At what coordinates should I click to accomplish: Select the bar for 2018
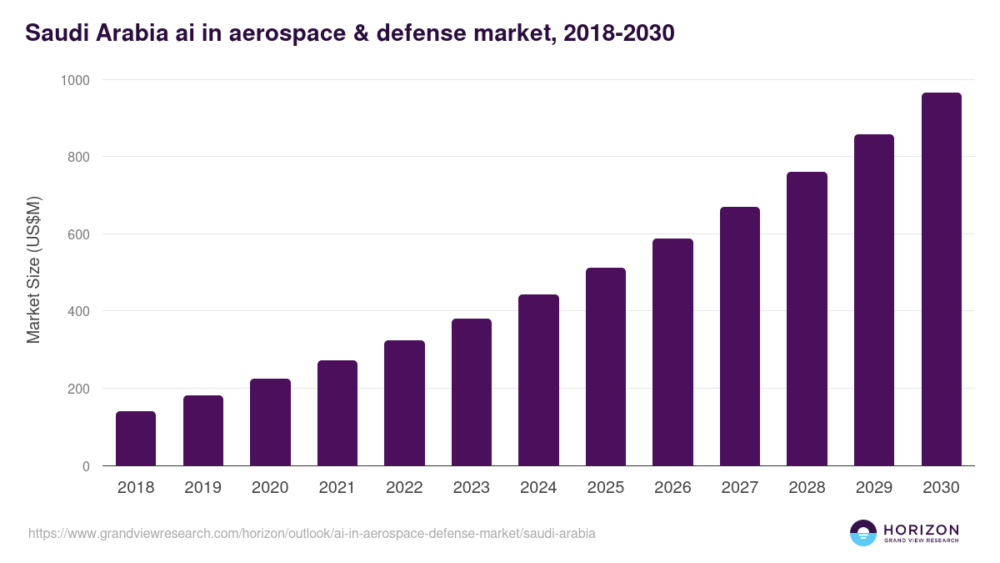[136, 439]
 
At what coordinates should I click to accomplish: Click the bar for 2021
[337, 413]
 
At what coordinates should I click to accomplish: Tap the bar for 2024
[538, 380]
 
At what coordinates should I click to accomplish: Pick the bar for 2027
[740, 336]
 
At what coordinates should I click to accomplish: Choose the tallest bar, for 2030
[941, 279]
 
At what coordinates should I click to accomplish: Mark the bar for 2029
[874, 300]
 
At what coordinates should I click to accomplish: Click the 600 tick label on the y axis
[80, 234]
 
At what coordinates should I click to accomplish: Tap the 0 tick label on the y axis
[87, 466]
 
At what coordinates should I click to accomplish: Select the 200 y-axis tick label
[80, 389]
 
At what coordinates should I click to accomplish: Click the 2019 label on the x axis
[202, 488]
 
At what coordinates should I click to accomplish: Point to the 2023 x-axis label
[472, 488]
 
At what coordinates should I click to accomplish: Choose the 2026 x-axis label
[672, 488]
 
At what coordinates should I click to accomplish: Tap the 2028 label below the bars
[807, 488]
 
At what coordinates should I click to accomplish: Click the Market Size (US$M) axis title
[33, 271]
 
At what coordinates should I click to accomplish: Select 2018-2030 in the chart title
[618, 34]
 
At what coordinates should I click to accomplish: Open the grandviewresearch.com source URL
[312, 533]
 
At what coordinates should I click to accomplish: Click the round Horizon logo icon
[863, 533]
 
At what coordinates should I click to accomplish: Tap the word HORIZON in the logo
[921, 530]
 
